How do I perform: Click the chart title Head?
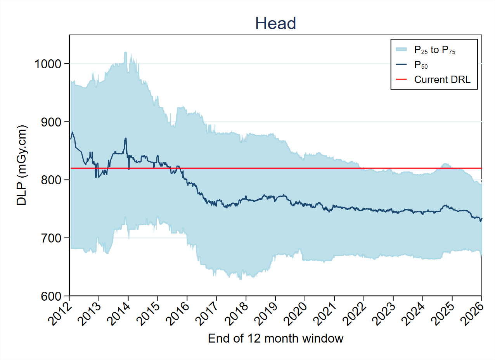click(x=275, y=24)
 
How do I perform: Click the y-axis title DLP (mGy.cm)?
click(x=22, y=165)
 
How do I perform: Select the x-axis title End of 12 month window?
click(x=275, y=338)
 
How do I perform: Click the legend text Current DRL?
click(x=442, y=80)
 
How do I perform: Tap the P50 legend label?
click(x=421, y=65)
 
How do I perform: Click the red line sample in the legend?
click(x=401, y=80)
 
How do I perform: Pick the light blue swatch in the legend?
click(x=401, y=49)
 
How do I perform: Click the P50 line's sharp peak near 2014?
click(x=125, y=138)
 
